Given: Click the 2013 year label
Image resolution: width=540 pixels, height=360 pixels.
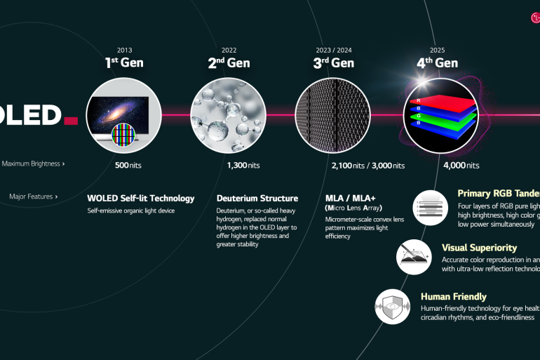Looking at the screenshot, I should click(123, 50).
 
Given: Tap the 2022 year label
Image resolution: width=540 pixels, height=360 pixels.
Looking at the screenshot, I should click(229, 50).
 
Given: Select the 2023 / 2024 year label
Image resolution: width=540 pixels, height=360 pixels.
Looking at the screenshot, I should click(334, 50).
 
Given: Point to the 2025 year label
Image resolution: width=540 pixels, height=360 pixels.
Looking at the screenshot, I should click(438, 50).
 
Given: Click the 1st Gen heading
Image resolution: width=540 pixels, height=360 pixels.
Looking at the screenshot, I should click(123, 63).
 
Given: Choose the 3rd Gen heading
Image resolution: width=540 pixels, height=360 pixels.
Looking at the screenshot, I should click(333, 63).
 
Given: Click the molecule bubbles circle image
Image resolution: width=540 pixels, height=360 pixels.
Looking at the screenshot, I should click(228, 115).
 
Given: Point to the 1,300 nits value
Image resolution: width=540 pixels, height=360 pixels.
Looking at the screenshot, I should click(243, 166).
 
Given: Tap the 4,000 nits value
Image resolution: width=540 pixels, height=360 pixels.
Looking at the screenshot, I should click(461, 166).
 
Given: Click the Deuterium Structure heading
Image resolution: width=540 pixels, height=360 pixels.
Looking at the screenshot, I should click(257, 198).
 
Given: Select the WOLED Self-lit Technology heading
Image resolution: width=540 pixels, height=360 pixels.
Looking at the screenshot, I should click(141, 198).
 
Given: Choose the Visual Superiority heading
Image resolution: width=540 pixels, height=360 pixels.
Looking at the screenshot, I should click(479, 248).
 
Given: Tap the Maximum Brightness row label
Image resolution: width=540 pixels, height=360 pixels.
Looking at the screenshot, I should click(33, 164).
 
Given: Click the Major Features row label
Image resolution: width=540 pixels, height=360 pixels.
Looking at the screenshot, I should click(33, 196).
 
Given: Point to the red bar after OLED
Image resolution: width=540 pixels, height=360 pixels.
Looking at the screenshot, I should click(70, 121).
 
